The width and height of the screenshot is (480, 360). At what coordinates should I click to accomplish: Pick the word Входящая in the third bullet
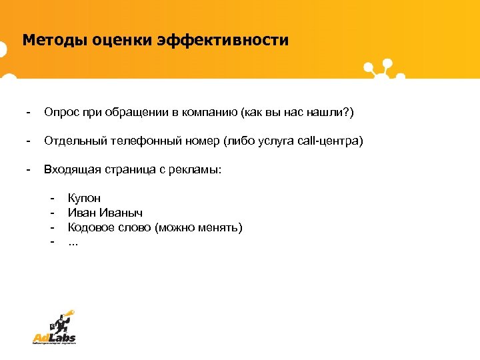click(x=70, y=170)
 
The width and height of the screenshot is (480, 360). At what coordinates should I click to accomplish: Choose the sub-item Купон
click(x=85, y=199)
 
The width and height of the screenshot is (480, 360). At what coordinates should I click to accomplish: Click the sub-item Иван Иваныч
click(x=105, y=213)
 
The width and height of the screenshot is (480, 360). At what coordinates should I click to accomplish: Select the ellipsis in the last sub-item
click(x=73, y=242)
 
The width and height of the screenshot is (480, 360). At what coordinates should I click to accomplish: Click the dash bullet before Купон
click(x=51, y=199)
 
